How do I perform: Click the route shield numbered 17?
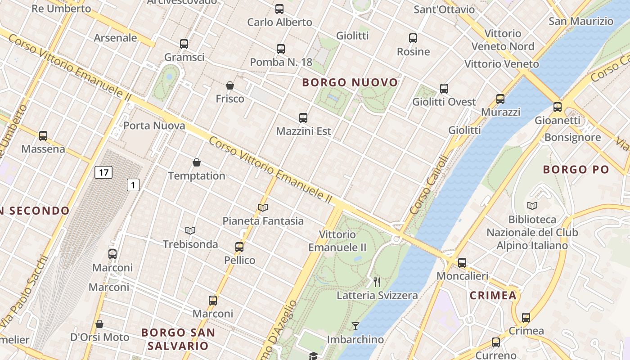[103, 172]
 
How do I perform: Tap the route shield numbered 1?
[133, 184]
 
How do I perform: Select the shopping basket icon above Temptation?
[197, 162]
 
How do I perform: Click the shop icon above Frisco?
[230, 85]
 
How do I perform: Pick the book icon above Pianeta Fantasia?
[263, 207]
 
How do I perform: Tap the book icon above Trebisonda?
[190, 231]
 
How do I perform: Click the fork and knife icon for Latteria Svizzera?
[377, 282]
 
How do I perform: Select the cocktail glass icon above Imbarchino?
[355, 326]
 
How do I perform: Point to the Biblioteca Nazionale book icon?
[532, 206]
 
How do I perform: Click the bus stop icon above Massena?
[43, 135]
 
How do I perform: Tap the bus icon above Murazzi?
[500, 99]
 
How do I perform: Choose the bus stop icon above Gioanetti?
[558, 107]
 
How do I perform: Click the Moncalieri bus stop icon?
[462, 263]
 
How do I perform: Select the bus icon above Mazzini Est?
[303, 118]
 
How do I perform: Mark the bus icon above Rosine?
[413, 38]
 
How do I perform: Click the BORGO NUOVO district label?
[350, 83]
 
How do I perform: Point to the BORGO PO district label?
[576, 170]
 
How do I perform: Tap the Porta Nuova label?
[154, 126]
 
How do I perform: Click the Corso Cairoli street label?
[429, 184]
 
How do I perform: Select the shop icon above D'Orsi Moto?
[99, 324]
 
